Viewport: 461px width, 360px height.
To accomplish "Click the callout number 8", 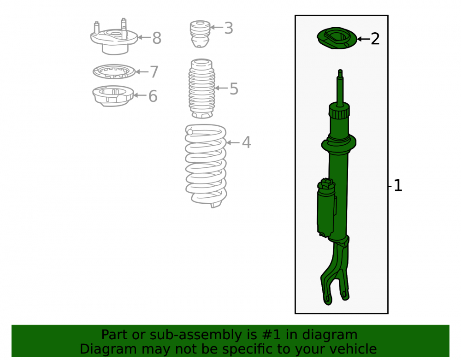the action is pos(157,38).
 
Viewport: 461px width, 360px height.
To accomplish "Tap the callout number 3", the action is pos(229,28).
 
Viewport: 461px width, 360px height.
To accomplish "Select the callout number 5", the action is pos(234,89).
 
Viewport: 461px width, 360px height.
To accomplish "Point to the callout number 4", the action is pos(246,142).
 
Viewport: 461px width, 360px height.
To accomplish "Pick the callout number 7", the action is pos(154,72).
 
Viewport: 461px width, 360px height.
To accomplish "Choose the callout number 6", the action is pos(153,96).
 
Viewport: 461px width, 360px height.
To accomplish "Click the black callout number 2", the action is pos(375,39).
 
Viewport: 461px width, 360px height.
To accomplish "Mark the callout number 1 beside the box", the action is pos(398,186).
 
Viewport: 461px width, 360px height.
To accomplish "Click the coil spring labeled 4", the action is pos(206,165).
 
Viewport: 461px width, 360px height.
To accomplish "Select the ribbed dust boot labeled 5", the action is pos(202,89).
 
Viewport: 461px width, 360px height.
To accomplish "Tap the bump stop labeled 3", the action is pos(200,34).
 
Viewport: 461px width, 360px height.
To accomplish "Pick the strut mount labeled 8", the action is pos(114,38).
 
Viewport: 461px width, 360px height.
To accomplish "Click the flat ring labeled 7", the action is pos(114,72).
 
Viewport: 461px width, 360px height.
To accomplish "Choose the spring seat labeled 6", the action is pos(113,96).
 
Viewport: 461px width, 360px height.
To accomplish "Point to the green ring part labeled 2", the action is pos(337,38).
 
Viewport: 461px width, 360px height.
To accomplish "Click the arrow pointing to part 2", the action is pos(364,39).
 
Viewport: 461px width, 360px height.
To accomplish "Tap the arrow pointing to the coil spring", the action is pos(233,142).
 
